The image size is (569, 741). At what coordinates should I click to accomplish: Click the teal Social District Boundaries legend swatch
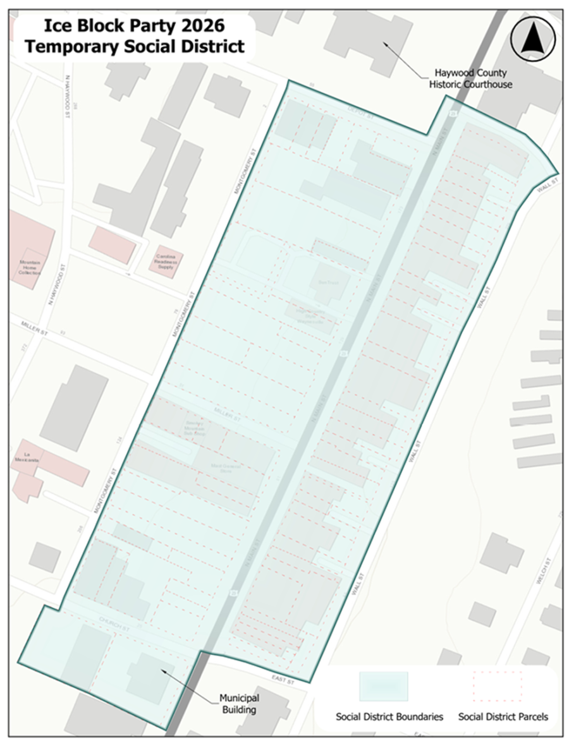(x=384, y=686)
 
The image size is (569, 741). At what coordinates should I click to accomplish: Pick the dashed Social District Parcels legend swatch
(x=498, y=686)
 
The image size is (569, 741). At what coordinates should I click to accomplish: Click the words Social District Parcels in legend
(x=503, y=716)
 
